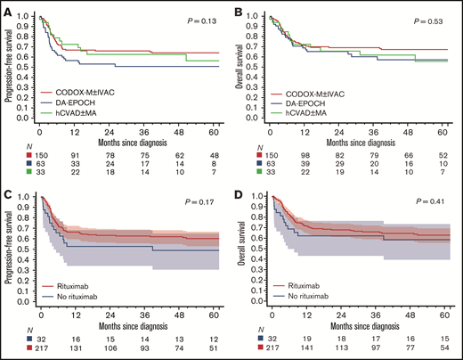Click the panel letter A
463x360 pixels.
pyautogui.click(x=7, y=7)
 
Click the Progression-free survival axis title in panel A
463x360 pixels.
pyautogui.click(x=11, y=67)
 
